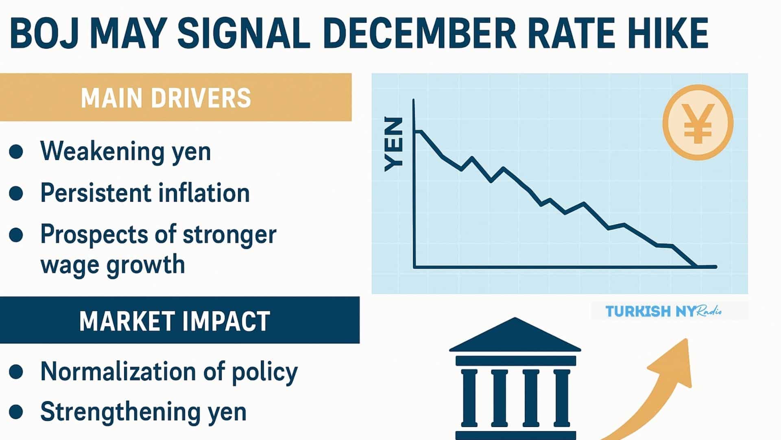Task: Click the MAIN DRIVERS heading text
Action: pyautogui.click(x=166, y=98)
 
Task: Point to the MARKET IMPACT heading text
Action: pyautogui.click(x=175, y=321)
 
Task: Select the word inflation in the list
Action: pyautogui.click(x=204, y=193)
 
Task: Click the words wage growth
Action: pyautogui.click(x=113, y=265)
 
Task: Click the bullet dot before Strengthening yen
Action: pyautogui.click(x=16, y=412)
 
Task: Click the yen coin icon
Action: pyautogui.click(x=698, y=122)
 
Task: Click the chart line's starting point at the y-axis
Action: pyautogui.click(x=415, y=131)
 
